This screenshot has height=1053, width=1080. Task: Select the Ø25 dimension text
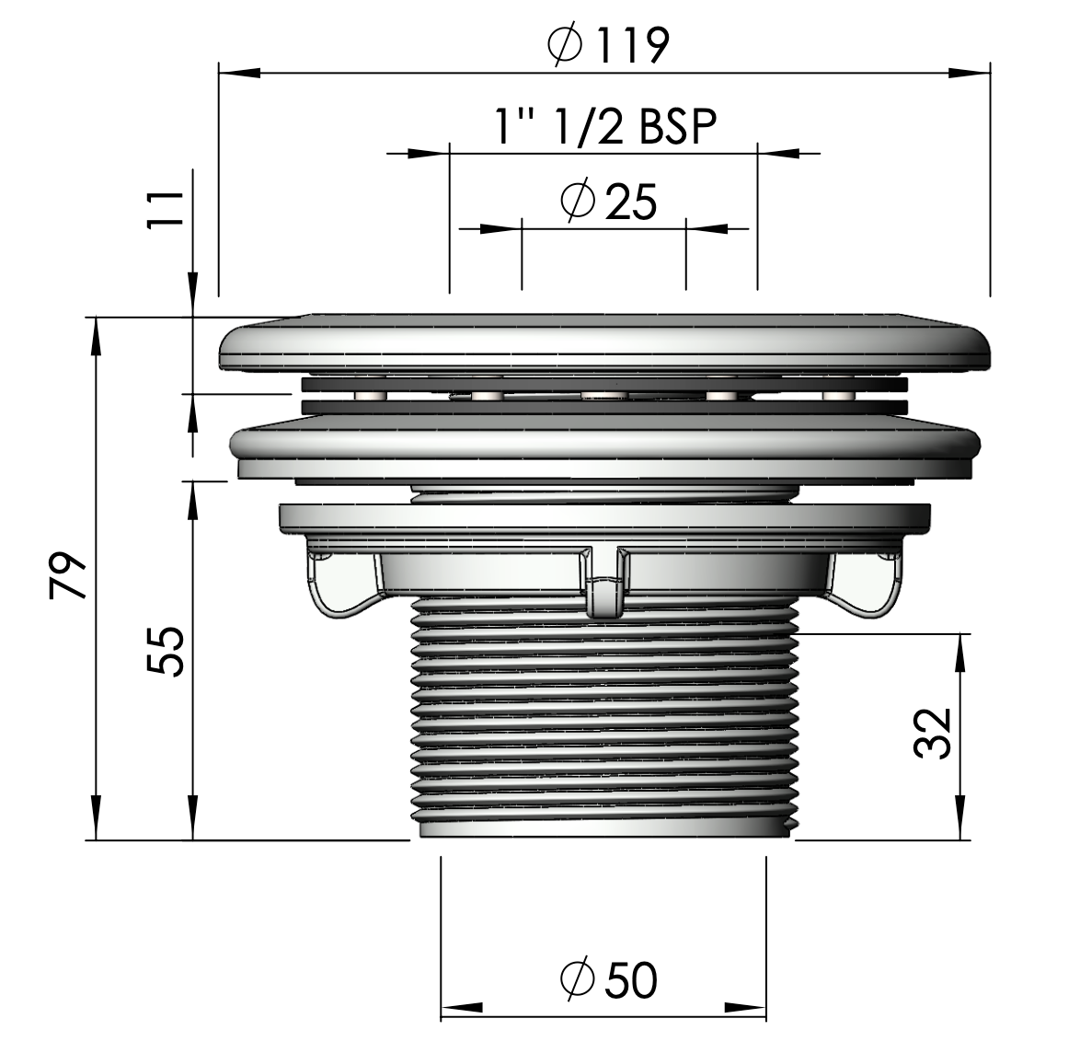[609, 201]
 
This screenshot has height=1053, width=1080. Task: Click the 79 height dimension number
[68, 575]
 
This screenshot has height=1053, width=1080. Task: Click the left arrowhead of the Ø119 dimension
[240, 73]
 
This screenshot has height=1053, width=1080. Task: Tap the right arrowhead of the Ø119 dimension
[969, 73]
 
